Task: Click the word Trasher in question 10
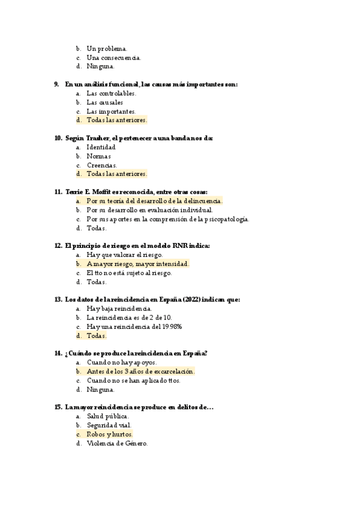coord(103,138)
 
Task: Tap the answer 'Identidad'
coord(101,147)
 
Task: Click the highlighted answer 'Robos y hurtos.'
coord(109,435)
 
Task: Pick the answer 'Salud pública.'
coord(107,417)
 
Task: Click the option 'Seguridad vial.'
coord(108,426)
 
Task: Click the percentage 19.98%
coord(170,327)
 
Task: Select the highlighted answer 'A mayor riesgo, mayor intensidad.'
coord(137,264)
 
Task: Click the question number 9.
coord(56,85)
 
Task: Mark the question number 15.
coord(58,408)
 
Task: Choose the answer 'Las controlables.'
coord(111,94)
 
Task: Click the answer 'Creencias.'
coord(101,165)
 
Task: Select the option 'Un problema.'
coord(106,49)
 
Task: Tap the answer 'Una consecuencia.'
coord(113,58)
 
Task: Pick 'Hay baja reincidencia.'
coord(119,309)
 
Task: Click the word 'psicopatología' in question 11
coord(227,219)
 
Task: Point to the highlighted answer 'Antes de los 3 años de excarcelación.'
coord(140,372)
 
